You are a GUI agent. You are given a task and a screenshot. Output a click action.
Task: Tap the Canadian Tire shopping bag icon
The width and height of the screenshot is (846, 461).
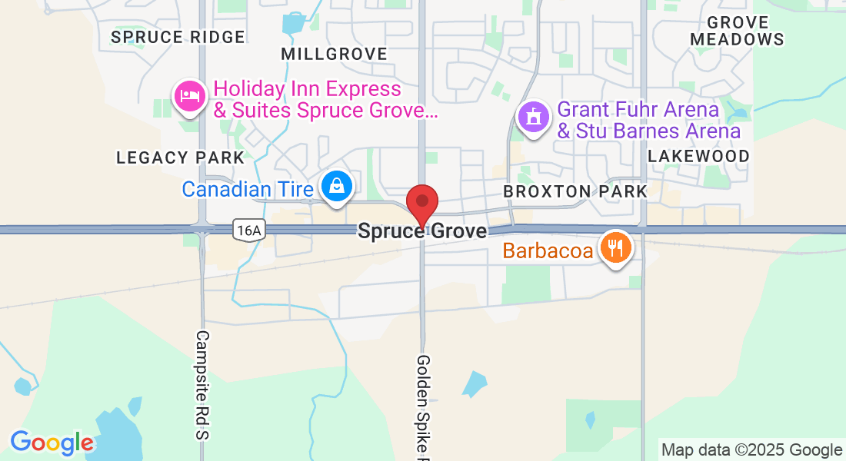[336, 186]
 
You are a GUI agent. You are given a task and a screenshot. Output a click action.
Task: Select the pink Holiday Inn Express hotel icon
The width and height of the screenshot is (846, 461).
[189, 96]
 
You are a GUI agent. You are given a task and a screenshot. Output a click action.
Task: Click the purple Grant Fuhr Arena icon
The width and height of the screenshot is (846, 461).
[532, 118]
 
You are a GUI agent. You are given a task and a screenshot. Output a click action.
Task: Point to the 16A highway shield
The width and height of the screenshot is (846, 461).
[250, 229]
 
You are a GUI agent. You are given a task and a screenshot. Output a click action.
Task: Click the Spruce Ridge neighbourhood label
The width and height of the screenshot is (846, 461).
[178, 37]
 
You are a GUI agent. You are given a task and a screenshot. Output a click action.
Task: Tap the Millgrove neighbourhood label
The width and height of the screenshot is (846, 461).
[334, 54]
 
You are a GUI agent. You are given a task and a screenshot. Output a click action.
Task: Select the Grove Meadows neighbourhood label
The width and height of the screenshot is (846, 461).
[737, 31]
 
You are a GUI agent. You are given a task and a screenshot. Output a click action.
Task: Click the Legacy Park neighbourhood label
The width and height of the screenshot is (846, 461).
[180, 158]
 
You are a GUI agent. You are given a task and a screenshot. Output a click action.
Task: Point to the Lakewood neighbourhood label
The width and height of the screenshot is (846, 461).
[698, 156]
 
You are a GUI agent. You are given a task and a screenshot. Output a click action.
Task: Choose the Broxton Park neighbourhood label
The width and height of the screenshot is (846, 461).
[575, 191]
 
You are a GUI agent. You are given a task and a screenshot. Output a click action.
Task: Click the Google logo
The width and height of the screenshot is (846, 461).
[52, 443]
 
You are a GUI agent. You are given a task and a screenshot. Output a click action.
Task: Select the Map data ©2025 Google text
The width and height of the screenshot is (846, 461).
[752, 450]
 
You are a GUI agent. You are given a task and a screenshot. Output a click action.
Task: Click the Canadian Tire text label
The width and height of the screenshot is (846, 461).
[247, 188]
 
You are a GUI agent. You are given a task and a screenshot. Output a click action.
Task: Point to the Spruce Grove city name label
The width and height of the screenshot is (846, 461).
[422, 230]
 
